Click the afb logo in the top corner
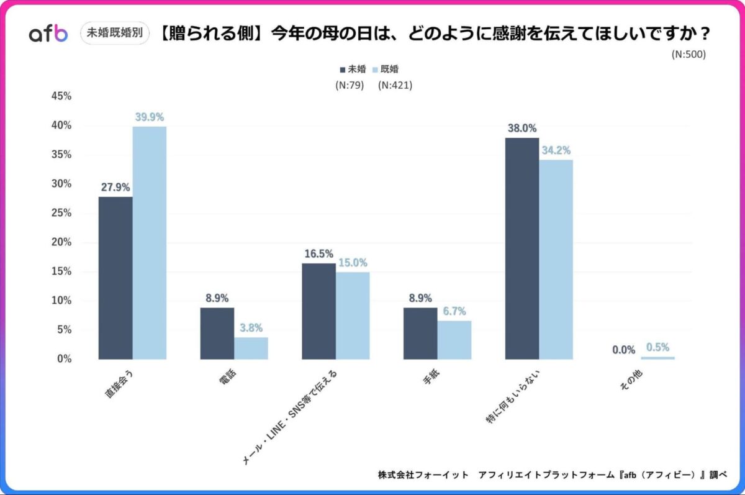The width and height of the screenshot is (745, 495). point(48,34)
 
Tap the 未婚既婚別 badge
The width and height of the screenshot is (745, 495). point(115,34)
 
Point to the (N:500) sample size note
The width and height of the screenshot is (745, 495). point(689,54)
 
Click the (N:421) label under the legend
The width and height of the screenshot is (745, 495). point(395,85)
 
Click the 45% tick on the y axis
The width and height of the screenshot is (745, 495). point(61,96)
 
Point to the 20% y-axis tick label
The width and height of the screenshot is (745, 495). point(61,242)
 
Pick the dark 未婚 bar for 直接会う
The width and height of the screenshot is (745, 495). point(115,278)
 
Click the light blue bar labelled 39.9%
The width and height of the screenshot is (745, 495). point(150,243)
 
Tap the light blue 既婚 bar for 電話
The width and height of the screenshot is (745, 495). point(251,348)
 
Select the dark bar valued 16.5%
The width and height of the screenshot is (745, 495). point(318,311)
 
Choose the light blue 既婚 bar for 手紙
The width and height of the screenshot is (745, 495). point(454,340)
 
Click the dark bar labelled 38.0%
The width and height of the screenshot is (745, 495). point(522,248)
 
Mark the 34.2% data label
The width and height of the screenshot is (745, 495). point(556,150)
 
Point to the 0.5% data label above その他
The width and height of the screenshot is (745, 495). point(657,348)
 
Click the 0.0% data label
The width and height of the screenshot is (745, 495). point(623,350)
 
